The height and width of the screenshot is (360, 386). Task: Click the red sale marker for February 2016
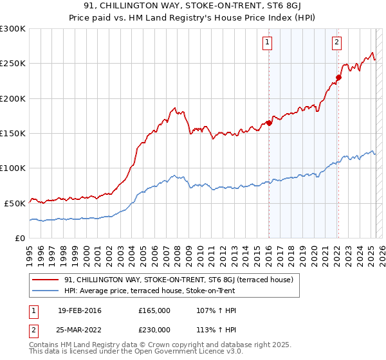(x=269, y=123)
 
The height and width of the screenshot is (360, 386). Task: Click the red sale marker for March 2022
(x=338, y=78)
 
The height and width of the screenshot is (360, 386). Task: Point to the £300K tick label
(x=12, y=29)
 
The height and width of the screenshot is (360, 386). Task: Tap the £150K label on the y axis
(x=12, y=133)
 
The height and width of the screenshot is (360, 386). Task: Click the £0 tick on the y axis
(x=20, y=237)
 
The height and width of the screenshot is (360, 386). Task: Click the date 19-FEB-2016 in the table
(x=79, y=310)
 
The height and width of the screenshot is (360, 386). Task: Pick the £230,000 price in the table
(x=154, y=329)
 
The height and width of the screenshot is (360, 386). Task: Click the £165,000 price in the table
(x=154, y=310)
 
